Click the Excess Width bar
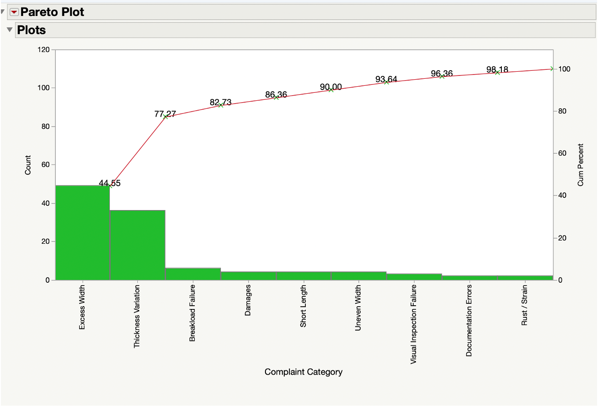(83, 233)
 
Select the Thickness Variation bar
(137, 245)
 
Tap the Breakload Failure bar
(193, 274)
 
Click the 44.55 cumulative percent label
(110, 183)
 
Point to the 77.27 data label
(165, 114)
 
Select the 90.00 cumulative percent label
(331, 87)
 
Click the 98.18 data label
(497, 70)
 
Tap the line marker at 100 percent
(552, 69)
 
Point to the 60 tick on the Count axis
(46, 165)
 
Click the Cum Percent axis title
(581, 165)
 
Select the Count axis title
(28, 165)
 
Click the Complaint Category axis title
(303, 372)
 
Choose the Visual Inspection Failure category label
(414, 323)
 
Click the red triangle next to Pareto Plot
(14, 12)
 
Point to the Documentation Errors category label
(469, 320)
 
